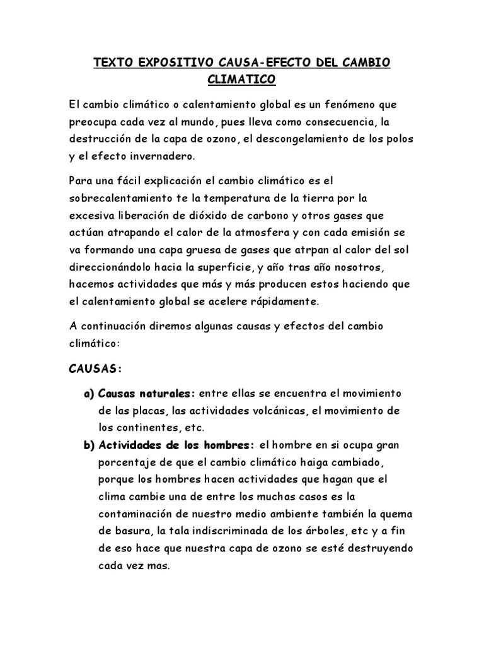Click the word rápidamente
coord(285,302)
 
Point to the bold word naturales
coord(164,394)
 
